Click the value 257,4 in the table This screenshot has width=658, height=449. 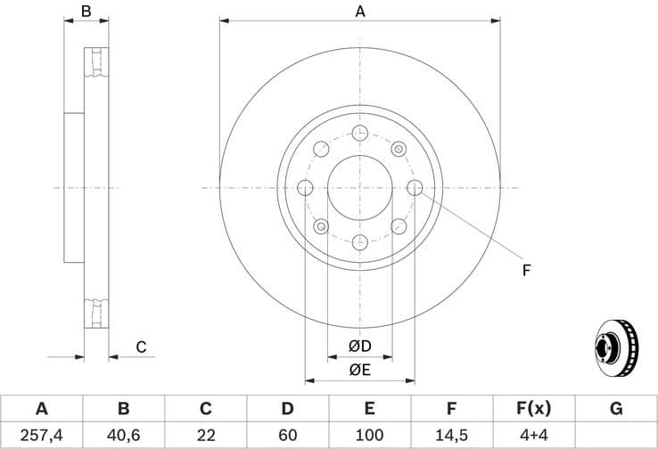(41, 436)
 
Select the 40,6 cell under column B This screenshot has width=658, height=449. (123, 436)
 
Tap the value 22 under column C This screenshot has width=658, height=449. (205, 436)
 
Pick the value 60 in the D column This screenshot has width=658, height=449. (287, 436)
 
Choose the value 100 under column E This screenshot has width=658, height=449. (369, 436)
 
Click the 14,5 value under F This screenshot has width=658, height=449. (451, 436)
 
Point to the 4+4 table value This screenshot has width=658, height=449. (533, 436)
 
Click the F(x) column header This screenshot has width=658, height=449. (533, 409)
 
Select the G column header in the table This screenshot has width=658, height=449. (615, 409)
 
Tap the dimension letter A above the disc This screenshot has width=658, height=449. (360, 12)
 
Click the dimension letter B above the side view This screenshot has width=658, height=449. (86, 12)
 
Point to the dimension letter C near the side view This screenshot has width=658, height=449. (140, 347)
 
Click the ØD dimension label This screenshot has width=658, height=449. (360, 347)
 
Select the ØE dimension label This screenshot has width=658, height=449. (360, 369)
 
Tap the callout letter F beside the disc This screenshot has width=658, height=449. (527, 269)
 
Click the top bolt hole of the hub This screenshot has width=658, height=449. (360, 133)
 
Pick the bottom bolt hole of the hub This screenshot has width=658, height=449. (360, 242)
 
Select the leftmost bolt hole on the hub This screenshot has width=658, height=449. (305, 188)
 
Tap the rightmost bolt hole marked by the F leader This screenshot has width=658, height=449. (415, 188)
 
